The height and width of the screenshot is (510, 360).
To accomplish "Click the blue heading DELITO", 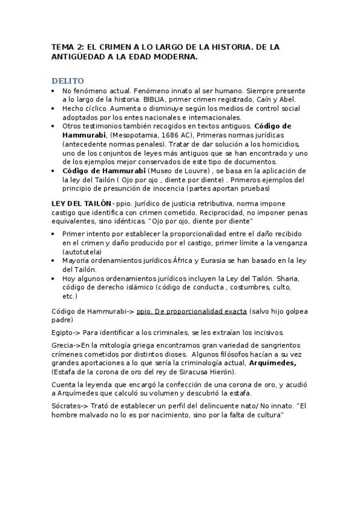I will click(x=67, y=81).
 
